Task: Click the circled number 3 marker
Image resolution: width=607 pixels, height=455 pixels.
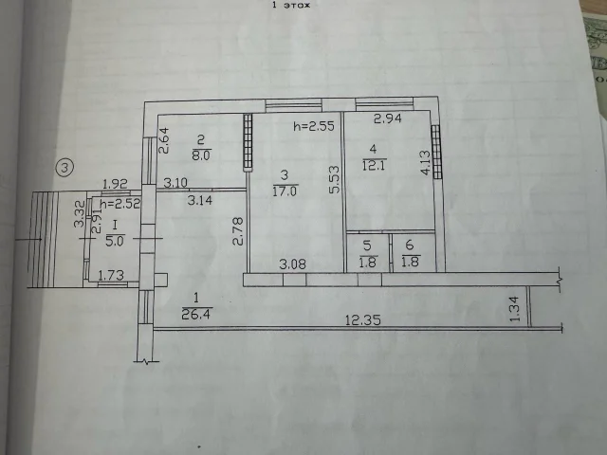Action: coord(64,168)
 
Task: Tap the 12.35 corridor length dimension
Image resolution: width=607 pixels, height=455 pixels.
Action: coord(363,320)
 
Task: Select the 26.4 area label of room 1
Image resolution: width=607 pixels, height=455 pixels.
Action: coord(196,314)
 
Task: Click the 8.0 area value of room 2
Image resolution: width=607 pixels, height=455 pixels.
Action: coord(201,155)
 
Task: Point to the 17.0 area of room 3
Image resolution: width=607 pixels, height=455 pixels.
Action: coord(285,191)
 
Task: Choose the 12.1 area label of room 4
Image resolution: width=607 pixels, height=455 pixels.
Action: coord(374,165)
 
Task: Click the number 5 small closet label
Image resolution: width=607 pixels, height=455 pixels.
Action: coord(367,246)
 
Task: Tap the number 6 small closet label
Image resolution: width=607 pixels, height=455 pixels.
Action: coord(410,245)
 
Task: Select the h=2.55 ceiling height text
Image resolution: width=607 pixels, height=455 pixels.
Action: coord(314,126)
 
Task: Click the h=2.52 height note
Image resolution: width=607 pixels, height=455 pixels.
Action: coord(120,204)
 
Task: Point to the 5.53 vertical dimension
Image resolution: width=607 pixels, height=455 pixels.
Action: coord(334,179)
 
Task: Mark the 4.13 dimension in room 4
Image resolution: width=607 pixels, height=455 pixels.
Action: coord(425,163)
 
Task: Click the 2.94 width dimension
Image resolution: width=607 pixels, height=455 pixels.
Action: coord(388,118)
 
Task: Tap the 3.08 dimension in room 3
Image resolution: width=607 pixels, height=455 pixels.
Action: coord(293,264)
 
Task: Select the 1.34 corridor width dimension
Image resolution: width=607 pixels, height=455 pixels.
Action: coord(514,309)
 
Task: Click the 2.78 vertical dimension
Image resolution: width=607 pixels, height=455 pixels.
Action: coord(238,231)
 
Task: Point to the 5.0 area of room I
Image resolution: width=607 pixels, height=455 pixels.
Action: coord(115,242)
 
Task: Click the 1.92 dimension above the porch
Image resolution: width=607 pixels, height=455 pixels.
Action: coord(115,183)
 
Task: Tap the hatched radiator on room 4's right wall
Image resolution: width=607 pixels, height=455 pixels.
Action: coord(436,152)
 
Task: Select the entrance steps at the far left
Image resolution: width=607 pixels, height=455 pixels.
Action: coord(44,240)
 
